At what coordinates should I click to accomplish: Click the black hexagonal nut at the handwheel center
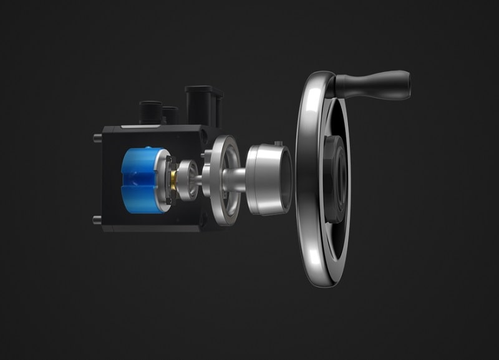pos(336,178)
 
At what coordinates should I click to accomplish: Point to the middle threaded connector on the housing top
pos(170,115)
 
